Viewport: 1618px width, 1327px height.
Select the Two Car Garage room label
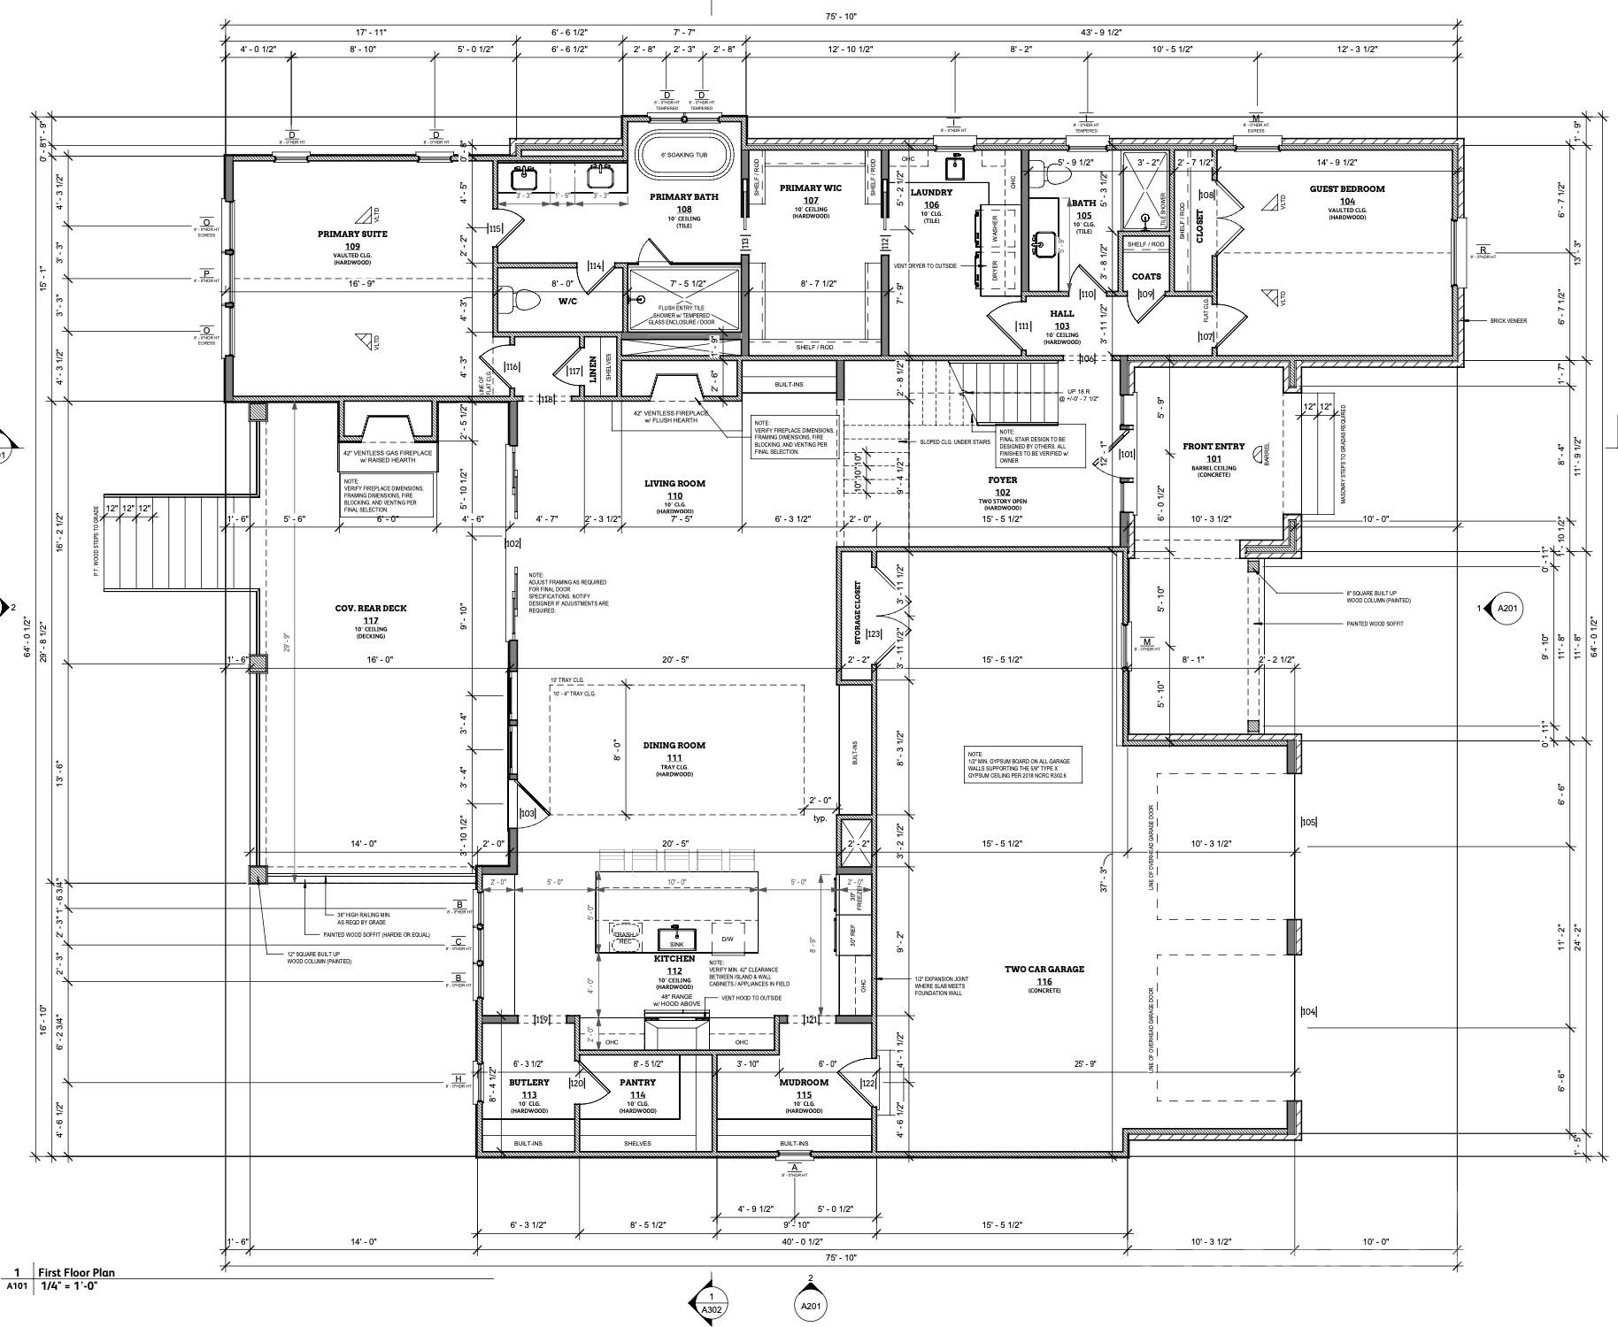point(1044,970)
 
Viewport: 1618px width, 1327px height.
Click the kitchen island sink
point(676,937)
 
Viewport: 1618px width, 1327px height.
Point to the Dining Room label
point(674,746)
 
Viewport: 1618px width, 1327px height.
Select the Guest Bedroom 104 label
point(1347,188)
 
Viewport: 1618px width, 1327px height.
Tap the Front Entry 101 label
point(1213,447)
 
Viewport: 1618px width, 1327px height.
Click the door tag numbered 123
point(874,633)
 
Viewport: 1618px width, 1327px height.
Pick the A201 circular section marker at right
point(1506,608)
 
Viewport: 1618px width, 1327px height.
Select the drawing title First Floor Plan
point(76,1273)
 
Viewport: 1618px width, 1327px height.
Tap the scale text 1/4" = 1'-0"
point(68,1286)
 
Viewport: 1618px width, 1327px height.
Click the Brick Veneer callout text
point(1508,321)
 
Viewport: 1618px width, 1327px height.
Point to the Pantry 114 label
point(637,1082)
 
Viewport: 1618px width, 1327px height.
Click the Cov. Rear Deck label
point(371,609)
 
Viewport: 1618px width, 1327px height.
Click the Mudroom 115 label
point(804,1082)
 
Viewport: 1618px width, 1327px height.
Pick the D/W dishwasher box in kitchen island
point(728,939)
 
